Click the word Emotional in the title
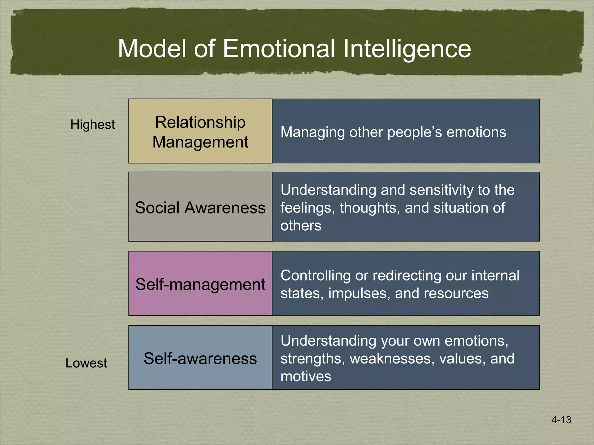click(x=279, y=48)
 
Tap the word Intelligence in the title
click(x=407, y=48)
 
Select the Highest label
click(x=93, y=125)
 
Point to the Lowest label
click(x=86, y=363)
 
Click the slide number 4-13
click(x=561, y=420)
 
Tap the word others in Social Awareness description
click(x=301, y=225)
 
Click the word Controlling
click(x=315, y=276)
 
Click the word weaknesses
click(x=392, y=358)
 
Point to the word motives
click(x=306, y=376)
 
